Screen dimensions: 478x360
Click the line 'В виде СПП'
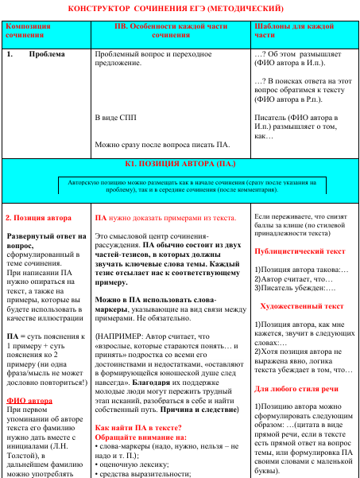coord(116,116)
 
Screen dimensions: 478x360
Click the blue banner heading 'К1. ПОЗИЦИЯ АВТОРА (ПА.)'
coord(180,163)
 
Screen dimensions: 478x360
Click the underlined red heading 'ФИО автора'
coord(28,399)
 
